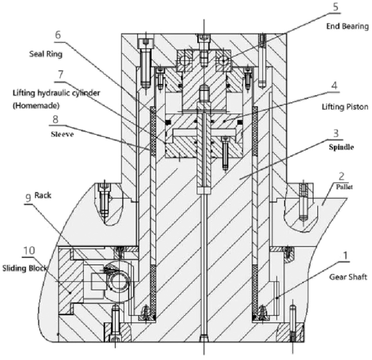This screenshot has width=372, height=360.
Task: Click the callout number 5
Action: tap(336, 7)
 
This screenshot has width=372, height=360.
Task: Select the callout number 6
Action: tap(58, 35)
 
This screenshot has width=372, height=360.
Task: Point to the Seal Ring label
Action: tap(46, 54)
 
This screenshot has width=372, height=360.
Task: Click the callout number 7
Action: tap(61, 75)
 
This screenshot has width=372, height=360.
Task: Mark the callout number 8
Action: tap(55, 119)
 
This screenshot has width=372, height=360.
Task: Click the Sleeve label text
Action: tap(63, 134)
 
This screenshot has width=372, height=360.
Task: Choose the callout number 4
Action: tap(334, 86)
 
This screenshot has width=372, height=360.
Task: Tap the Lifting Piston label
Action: tap(345, 107)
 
